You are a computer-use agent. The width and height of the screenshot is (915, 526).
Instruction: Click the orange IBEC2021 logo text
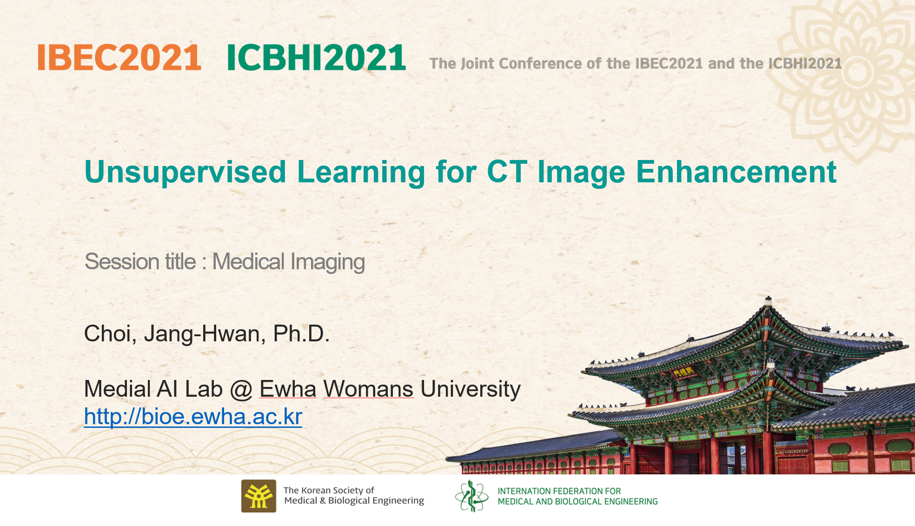click(x=119, y=58)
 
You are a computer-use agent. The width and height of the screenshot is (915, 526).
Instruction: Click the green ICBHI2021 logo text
click(x=316, y=58)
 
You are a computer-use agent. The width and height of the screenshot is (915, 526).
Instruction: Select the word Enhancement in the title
click(x=736, y=172)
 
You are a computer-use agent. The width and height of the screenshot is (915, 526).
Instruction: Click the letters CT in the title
click(x=507, y=172)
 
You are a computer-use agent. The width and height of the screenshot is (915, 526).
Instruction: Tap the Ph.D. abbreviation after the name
click(x=301, y=333)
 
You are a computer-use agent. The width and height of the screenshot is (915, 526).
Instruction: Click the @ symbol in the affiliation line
click(x=241, y=389)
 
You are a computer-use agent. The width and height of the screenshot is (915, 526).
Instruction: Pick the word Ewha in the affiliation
click(x=288, y=389)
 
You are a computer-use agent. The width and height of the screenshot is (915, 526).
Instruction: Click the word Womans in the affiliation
click(x=368, y=389)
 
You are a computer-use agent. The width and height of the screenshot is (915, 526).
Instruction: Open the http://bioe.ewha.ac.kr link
click(x=193, y=416)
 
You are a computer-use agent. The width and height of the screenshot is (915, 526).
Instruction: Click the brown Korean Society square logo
click(x=259, y=496)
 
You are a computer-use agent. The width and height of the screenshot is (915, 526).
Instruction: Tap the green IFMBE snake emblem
click(x=471, y=496)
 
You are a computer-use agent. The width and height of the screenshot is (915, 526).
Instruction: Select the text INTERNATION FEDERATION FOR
click(x=559, y=491)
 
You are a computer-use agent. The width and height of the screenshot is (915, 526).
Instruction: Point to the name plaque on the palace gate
click(x=683, y=373)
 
